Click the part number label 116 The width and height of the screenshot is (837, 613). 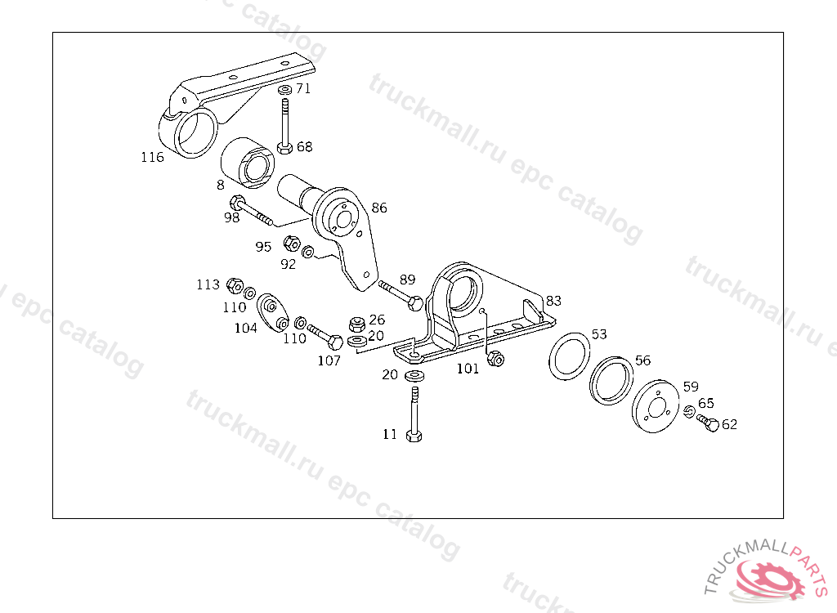[x=151, y=157]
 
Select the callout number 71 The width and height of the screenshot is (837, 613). [x=303, y=88]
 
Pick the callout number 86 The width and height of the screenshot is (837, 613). [x=379, y=208]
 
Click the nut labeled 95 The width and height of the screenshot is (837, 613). [x=290, y=243]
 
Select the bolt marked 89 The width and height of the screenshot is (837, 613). [x=400, y=294]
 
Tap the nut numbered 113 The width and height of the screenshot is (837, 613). [x=234, y=285]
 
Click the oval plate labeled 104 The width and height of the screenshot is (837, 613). [x=273, y=313]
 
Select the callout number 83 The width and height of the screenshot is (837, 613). [x=553, y=300]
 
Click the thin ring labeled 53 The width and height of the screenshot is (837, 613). [x=571, y=355]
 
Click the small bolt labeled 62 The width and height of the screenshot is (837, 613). [x=708, y=423]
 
